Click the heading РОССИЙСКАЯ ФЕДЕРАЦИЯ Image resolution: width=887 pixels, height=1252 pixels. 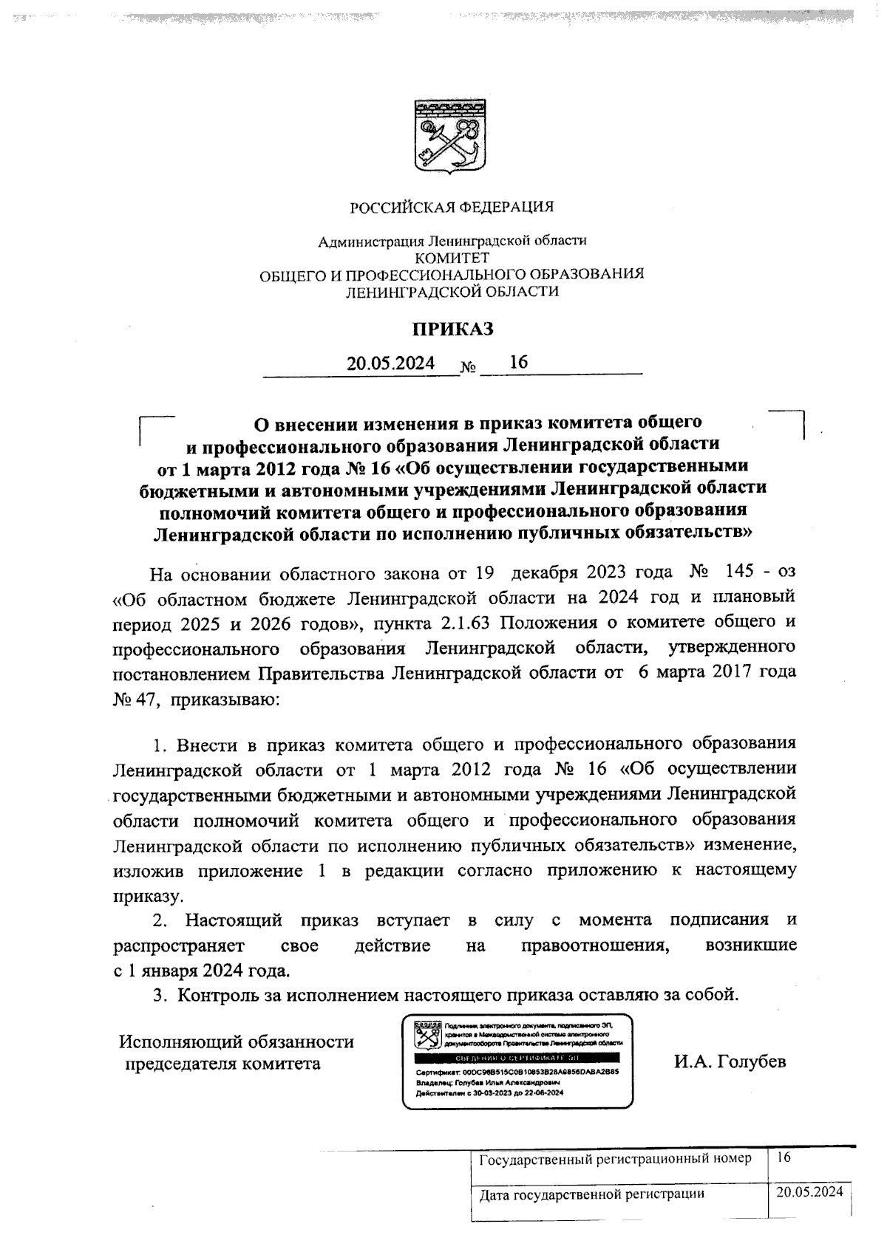point(452,208)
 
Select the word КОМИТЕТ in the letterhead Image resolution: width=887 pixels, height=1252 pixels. point(452,258)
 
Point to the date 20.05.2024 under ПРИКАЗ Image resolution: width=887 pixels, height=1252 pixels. point(391,364)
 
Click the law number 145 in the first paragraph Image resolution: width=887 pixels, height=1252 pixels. point(740,572)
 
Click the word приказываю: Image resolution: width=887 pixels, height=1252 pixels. point(225,699)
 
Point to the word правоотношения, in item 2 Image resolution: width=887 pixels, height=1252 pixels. point(595,945)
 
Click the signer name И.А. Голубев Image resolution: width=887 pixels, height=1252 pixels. point(730,1061)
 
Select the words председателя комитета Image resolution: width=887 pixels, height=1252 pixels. point(222,1064)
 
